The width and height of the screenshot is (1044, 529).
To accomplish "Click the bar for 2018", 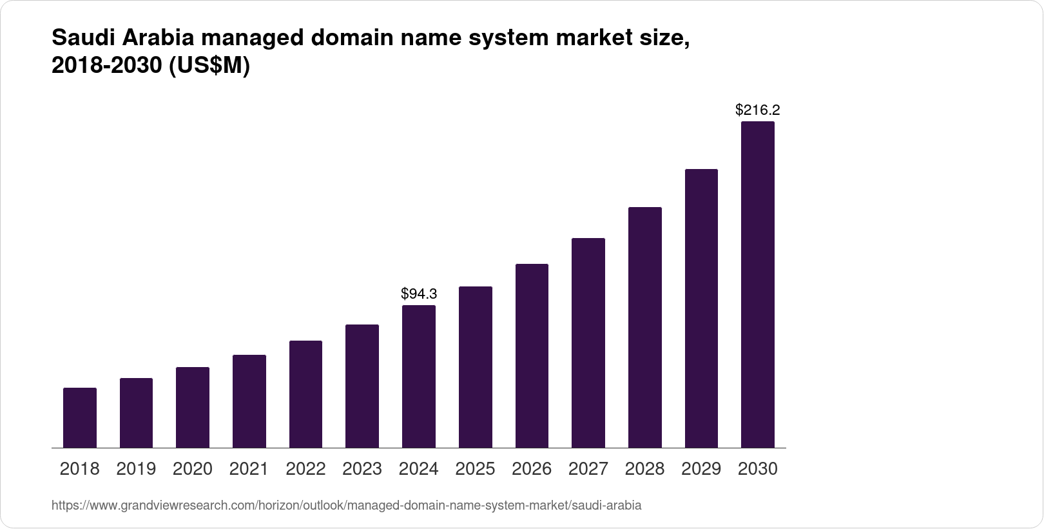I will tap(80, 417).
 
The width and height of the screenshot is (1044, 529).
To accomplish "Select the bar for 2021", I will tap(249, 401).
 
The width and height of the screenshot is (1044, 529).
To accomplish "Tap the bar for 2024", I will tap(419, 376).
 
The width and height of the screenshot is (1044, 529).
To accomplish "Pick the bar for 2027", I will tap(588, 343).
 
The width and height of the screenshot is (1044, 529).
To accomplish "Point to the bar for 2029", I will tap(701, 308).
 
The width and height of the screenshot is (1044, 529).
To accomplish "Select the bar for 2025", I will tap(475, 367).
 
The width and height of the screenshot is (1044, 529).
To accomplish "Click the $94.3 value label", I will tap(419, 294).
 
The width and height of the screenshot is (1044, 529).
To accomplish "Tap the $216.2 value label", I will tap(757, 110).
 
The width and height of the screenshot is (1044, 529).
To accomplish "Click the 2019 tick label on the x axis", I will tap(136, 469).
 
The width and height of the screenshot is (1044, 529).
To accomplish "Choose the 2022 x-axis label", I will tap(305, 469).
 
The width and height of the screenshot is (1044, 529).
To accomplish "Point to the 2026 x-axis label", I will tap(532, 469).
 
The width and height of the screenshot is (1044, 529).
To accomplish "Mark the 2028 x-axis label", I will tap(644, 469).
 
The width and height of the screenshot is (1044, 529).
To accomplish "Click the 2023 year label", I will tap(362, 469).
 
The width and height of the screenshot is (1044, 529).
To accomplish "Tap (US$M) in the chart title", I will tap(209, 66).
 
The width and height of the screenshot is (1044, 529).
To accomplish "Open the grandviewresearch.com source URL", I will tap(346, 506).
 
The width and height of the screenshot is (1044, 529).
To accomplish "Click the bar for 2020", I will tap(193, 407).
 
